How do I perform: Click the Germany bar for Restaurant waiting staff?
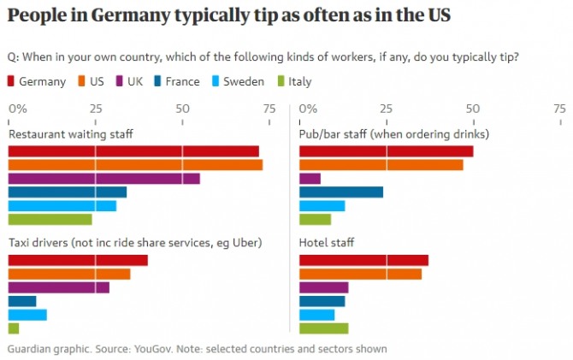coord(133,151)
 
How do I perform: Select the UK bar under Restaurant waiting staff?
coord(103,179)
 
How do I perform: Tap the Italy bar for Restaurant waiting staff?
coord(50,220)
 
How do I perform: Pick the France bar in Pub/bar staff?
coord(341,192)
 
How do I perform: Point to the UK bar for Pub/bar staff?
coord(310,179)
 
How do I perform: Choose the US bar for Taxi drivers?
coord(69,274)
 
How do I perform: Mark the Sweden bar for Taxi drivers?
coord(27,315)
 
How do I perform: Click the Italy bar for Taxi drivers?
coord(14,328)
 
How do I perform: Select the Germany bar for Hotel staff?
coord(363,260)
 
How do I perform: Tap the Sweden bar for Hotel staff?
coord(316,315)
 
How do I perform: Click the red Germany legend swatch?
coord(12,82)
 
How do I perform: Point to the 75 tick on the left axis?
coord(269,109)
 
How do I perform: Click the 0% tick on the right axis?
coord(309,109)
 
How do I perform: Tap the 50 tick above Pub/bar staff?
coord(471,109)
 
